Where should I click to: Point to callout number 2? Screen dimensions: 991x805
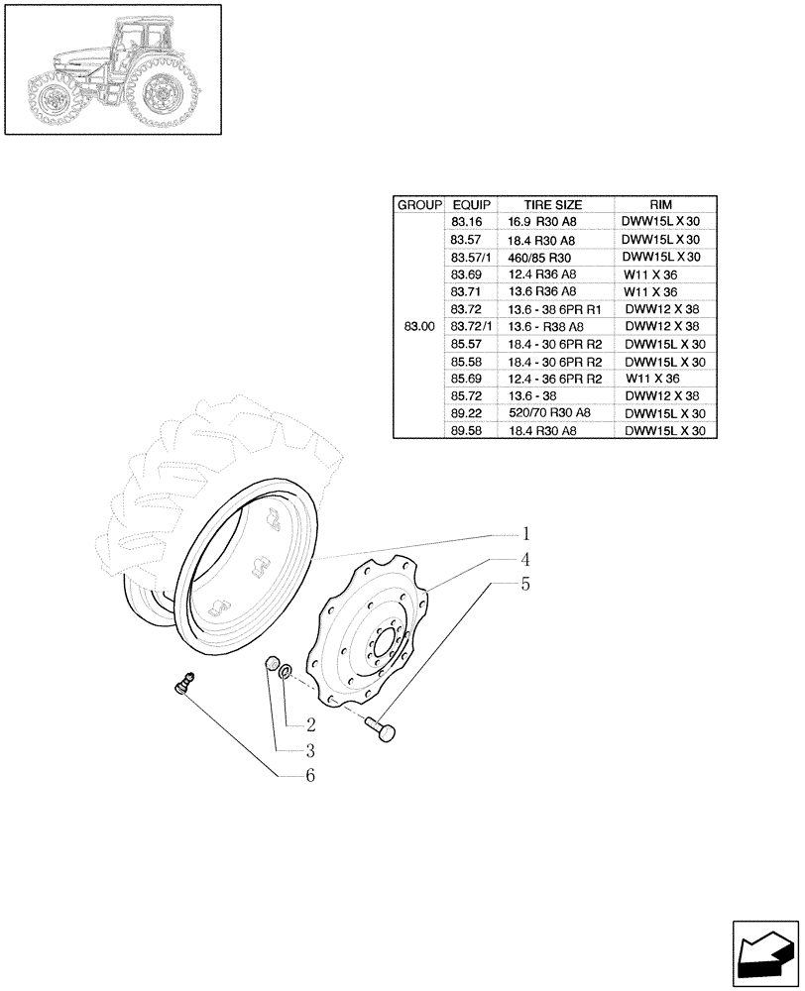pos(310,724)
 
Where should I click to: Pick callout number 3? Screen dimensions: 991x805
pos(310,750)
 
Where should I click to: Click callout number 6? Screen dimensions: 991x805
pos(310,776)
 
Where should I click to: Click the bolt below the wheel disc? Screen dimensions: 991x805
pos(382,731)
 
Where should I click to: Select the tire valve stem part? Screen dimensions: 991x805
pos(183,683)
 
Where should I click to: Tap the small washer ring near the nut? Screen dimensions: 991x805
pos(285,673)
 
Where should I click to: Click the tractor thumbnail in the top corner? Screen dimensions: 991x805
pos(112,69)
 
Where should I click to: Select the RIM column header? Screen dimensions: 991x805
pos(661,205)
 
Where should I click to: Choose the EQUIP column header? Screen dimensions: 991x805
pos(466,205)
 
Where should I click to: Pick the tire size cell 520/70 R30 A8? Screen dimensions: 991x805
pos(548,413)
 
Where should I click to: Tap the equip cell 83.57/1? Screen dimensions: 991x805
pos(470,257)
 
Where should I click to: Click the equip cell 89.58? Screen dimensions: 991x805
pos(466,431)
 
